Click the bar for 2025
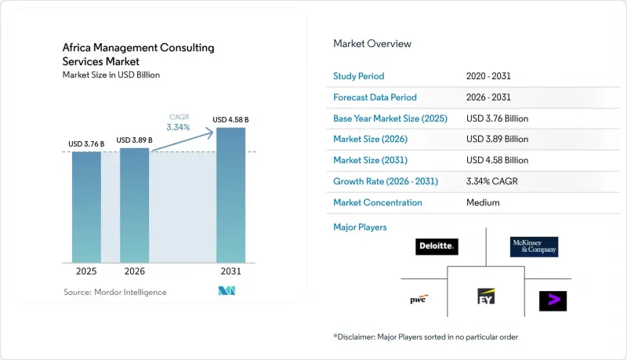pos(86,207)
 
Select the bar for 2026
pos(134,205)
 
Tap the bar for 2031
pos(230,195)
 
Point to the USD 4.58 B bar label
pos(230,119)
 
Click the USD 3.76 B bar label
pos(86,144)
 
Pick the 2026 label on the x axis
pos(134,271)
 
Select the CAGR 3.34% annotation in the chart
pos(179,123)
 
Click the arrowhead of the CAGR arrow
pos(209,133)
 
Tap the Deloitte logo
pos(437,246)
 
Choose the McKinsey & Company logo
pos(535,247)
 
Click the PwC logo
pos(419,299)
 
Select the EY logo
pos(486,296)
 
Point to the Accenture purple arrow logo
pos(553,301)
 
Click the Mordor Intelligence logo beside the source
pos(227,291)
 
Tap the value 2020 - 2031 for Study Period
pos(488,76)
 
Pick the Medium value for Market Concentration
pos(483,202)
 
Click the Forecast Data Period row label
pos(375,97)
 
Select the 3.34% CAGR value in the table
pos(492,181)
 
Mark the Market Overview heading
pos(372,44)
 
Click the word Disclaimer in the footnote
pos(355,336)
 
